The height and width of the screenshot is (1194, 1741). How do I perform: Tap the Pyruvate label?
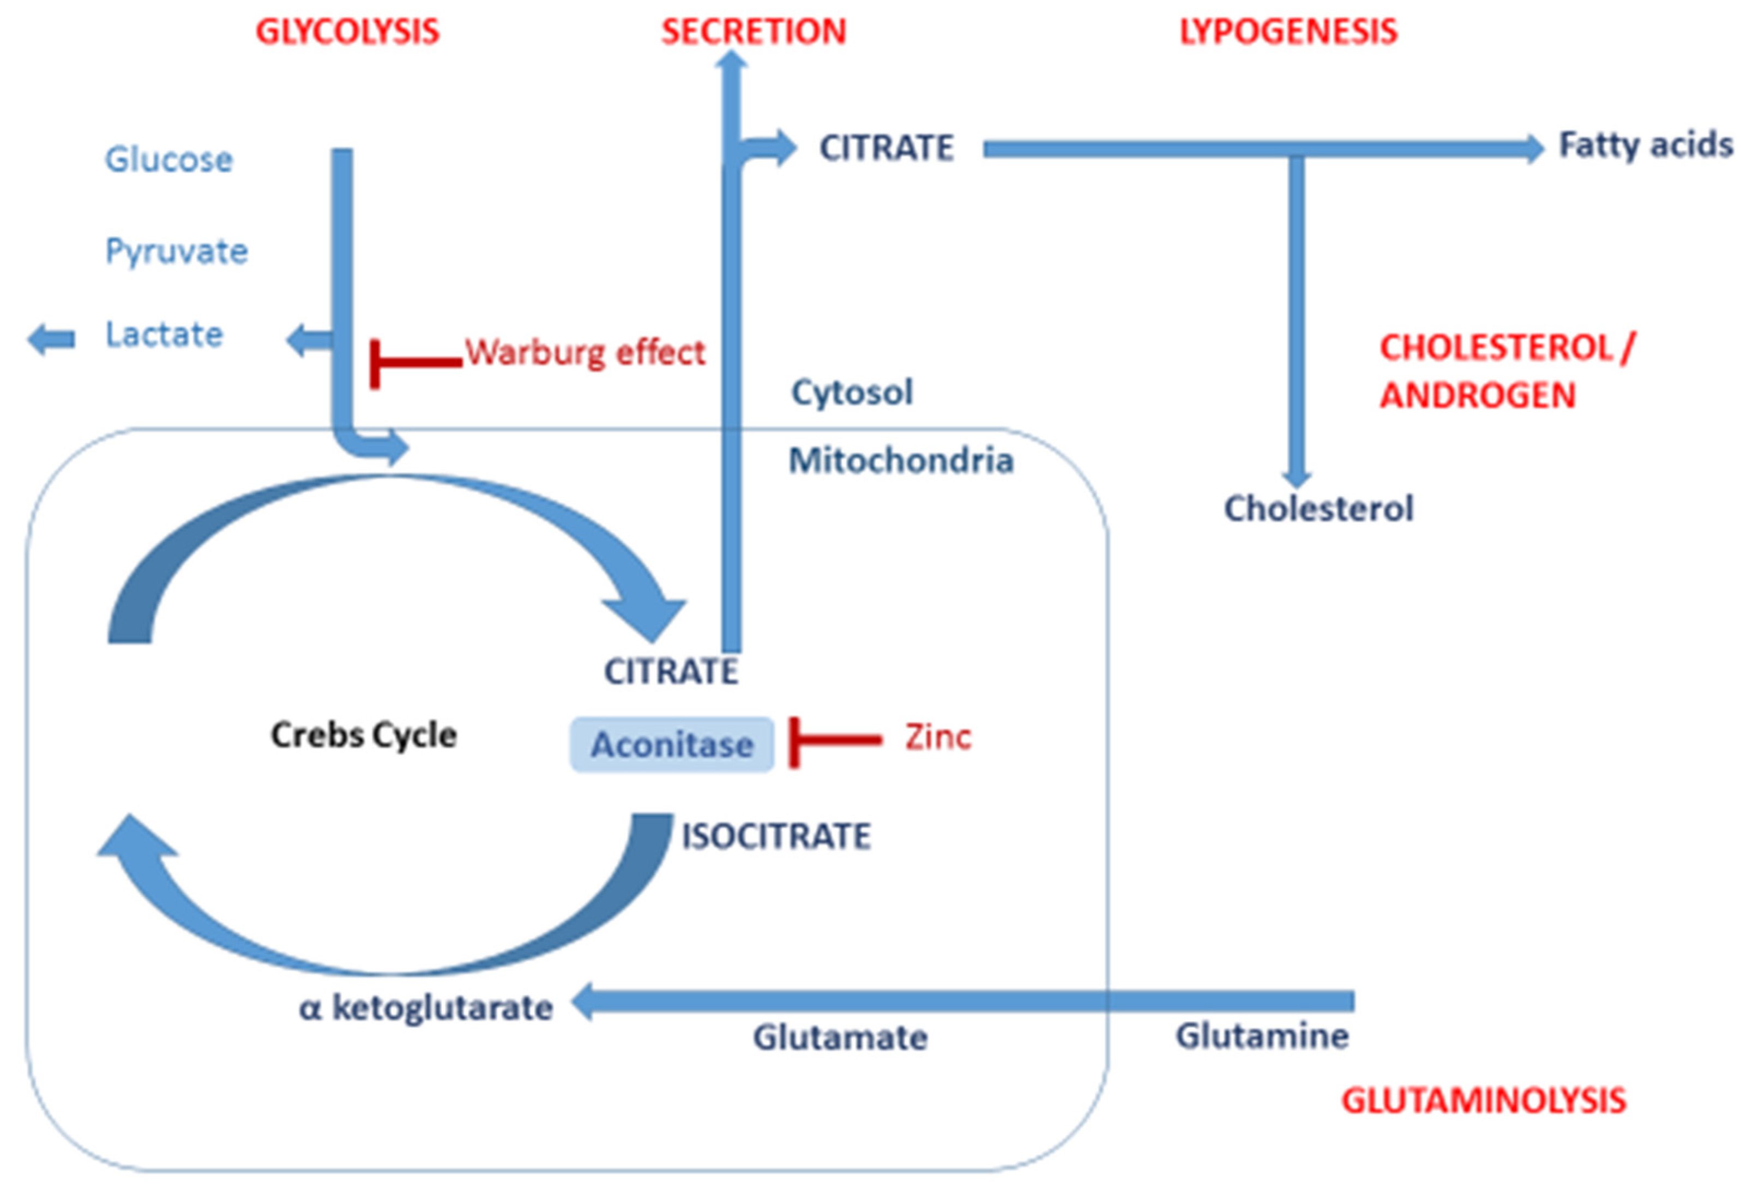[176, 251]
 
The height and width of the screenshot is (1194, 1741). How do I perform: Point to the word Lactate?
[164, 334]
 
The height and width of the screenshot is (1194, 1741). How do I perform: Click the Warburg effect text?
[585, 353]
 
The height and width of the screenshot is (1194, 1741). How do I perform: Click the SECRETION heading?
[753, 32]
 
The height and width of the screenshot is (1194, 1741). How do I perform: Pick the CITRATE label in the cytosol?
[885, 148]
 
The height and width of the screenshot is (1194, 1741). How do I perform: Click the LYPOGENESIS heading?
[1288, 32]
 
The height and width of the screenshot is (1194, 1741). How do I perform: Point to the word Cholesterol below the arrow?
[1318, 509]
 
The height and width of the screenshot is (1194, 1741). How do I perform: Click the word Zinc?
[937, 737]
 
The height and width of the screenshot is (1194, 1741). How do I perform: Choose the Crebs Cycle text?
[363, 735]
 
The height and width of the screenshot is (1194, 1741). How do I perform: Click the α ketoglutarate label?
[425, 1008]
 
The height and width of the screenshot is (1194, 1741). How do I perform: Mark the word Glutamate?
[839, 1038]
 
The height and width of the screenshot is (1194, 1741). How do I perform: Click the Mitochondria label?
[900, 460]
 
